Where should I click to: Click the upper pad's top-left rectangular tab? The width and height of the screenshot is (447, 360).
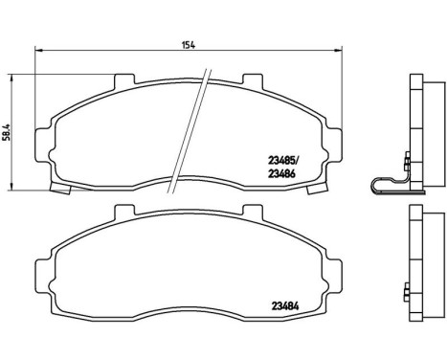(x=122, y=80)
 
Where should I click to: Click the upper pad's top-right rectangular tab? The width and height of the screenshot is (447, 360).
(x=253, y=80)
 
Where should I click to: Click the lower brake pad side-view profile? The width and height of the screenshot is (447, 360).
(x=417, y=263)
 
